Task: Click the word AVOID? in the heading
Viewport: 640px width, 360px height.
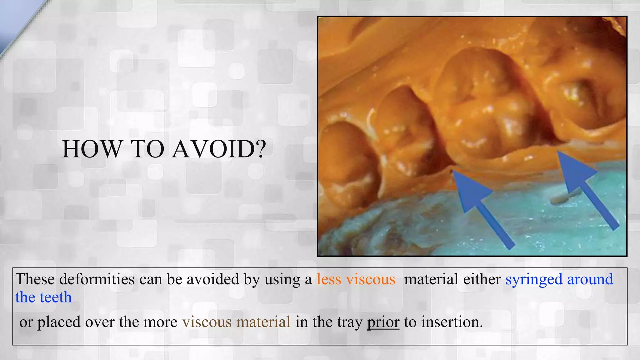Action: (219, 149)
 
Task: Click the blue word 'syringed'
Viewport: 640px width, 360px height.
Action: (534, 279)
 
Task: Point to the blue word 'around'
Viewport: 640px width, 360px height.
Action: (590, 279)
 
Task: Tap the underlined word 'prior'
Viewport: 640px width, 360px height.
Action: (383, 322)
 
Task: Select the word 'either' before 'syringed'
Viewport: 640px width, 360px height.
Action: (482, 279)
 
